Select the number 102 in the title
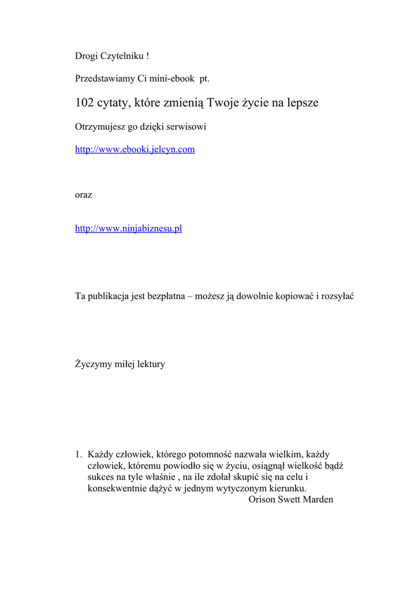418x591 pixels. click(85, 103)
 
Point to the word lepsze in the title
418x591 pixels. click(301, 103)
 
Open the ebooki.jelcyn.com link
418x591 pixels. click(135, 149)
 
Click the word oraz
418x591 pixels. click(84, 195)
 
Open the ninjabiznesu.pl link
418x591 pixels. click(129, 229)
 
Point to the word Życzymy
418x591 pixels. click(94, 364)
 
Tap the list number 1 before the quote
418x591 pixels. click(79, 455)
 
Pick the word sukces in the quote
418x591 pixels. click(102, 477)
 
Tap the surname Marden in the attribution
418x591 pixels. click(318, 499)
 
